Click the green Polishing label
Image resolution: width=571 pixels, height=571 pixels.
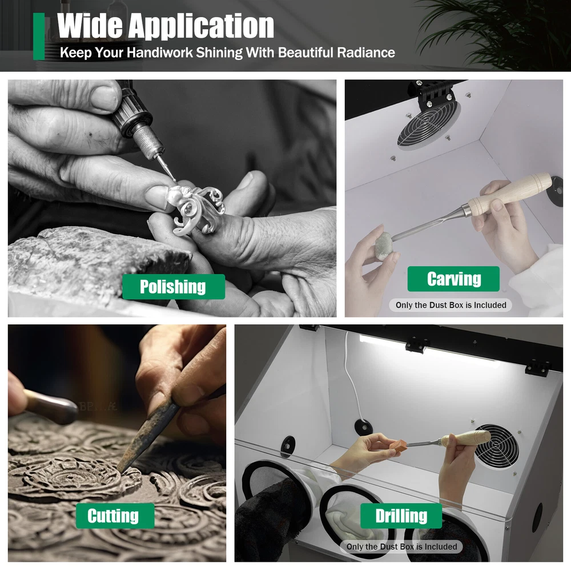(x=174, y=287)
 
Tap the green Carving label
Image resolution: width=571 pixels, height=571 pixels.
(x=453, y=279)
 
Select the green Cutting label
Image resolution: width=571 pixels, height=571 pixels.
(x=115, y=516)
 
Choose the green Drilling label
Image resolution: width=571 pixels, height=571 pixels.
(x=401, y=516)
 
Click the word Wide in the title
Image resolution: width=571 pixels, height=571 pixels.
(x=90, y=26)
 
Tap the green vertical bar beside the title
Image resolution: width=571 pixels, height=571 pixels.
(x=39, y=37)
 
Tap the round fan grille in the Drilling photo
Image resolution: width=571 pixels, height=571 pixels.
(x=496, y=447)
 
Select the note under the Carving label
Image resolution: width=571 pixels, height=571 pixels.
(x=451, y=305)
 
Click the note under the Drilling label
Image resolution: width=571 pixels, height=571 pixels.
(x=401, y=546)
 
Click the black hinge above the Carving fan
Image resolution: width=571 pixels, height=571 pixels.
(x=433, y=95)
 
